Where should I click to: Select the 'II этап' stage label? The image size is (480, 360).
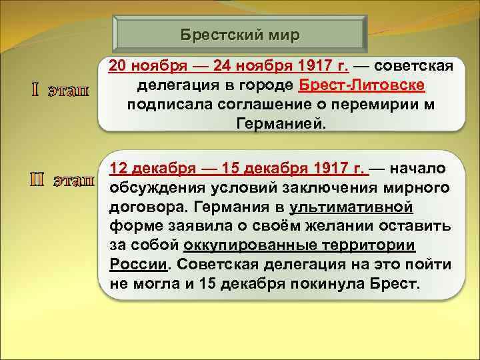[60, 180]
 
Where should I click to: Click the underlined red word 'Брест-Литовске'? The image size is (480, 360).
[363, 86]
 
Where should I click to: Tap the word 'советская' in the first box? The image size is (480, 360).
[414, 67]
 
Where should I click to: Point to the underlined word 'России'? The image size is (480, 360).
[137, 265]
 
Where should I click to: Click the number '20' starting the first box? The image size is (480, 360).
[117, 67]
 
